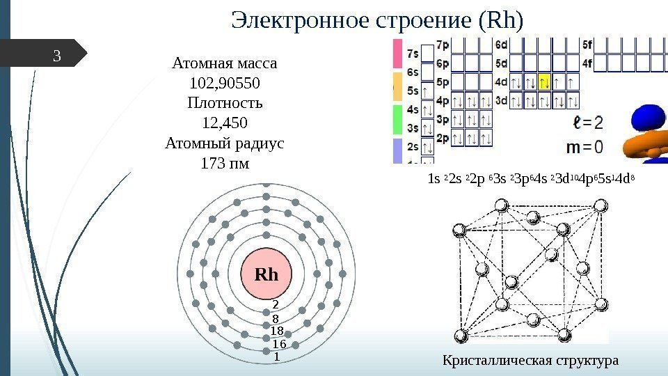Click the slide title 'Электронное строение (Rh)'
point(376,21)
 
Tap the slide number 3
point(58,56)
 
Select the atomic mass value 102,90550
point(224,84)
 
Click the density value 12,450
point(224,124)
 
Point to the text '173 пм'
point(224,165)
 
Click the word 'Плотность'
point(224,104)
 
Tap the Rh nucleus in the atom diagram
point(266,274)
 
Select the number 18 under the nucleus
point(276,331)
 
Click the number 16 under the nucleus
point(278,344)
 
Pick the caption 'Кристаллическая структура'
point(530,361)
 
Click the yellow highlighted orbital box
point(544,83)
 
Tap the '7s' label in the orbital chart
point(413,53)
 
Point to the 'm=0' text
point(584,148)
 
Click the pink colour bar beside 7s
point(398,52)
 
